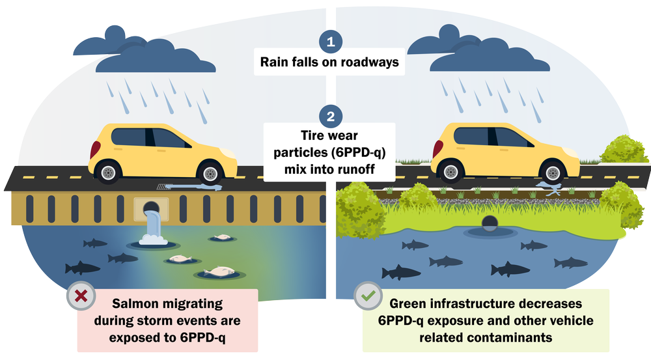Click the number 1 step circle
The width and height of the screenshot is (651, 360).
click(x=331, y=43)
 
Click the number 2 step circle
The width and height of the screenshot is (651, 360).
click(x=331, y=117)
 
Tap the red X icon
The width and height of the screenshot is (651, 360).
click(x=81, y=297)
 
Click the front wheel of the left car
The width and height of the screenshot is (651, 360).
click(x=210, y=173)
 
